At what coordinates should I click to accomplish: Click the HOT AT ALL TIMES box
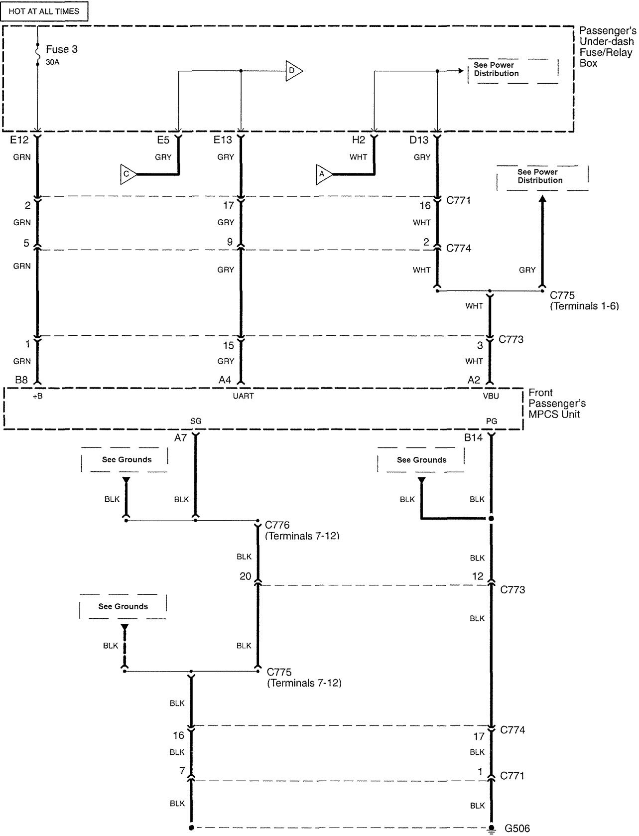[44, 11]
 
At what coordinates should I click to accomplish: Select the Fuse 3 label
[61, 49]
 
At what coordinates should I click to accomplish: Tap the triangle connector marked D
[293, 71]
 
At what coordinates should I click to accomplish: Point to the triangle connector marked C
[128, 174]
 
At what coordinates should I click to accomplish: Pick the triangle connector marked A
[323, 174]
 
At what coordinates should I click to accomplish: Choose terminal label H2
[359, 140]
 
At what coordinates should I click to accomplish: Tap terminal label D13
[419, 140]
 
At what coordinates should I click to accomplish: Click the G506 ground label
[517, 829]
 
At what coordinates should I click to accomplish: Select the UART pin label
[243, 396]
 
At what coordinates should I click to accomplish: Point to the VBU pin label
[491, 396]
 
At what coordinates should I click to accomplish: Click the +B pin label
[37, 396]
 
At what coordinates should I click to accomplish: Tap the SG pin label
[196, 421]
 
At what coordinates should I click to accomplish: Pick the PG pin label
[491, 421]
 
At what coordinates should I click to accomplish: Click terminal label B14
[473, 437]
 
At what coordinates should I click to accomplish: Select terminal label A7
[180, 437]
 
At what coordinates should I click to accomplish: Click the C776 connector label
[277, 525]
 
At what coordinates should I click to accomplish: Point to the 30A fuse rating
[52, 62]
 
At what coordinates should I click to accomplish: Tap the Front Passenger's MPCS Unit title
[557, 404]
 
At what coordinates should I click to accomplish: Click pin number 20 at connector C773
[246, 576]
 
